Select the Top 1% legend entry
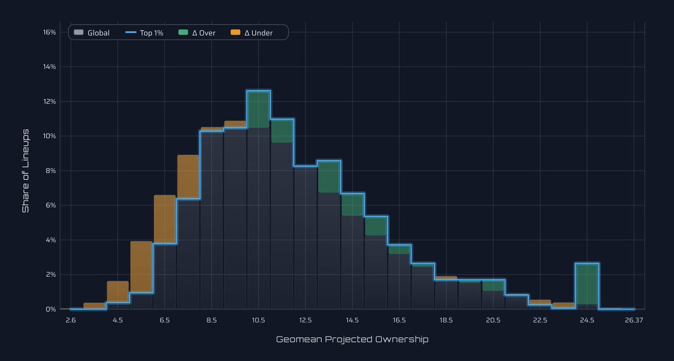tap(144, 33)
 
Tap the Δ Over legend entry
tap(197, 33)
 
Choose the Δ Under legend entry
tap(252, 33)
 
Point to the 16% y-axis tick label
tap(49, 32)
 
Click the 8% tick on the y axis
tap(51, 171)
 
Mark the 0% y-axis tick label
tap(51, 309)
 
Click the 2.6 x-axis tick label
tap(71, 321)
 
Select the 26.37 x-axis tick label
tap(633, 321)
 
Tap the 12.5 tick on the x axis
tap(306, 321)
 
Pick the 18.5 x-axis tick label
tap(446, 321)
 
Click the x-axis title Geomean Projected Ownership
tap(352, 340)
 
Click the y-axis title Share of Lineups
tap(25, 171)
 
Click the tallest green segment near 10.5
tap(258, 109)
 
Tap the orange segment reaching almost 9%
tap(188, 176)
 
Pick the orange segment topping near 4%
tap(141, 267)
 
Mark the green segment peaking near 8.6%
tap(329, 176)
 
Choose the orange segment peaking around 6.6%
tap(165, 219)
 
